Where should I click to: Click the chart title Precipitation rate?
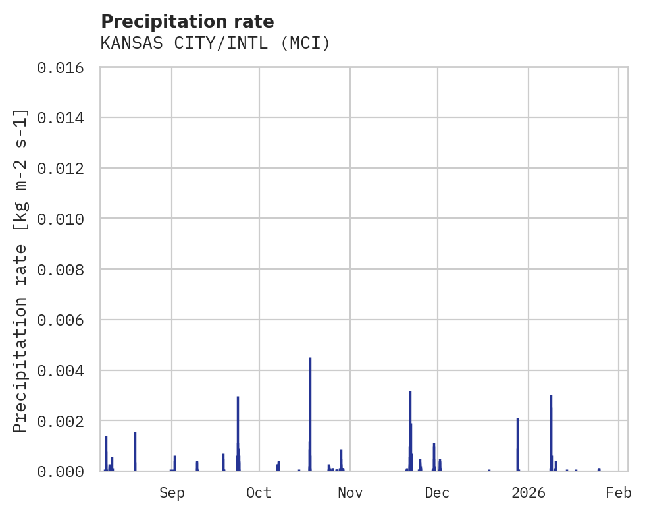[187, 22]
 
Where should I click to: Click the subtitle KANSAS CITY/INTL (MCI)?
[215, 43]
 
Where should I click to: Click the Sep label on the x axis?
[172, 492]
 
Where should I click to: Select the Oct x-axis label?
[259, 492]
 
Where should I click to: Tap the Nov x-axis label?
[350, 492]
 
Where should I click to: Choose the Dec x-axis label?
[438, 492]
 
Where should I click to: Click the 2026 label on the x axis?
[529, 492]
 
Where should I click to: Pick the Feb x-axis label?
[619, 492]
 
